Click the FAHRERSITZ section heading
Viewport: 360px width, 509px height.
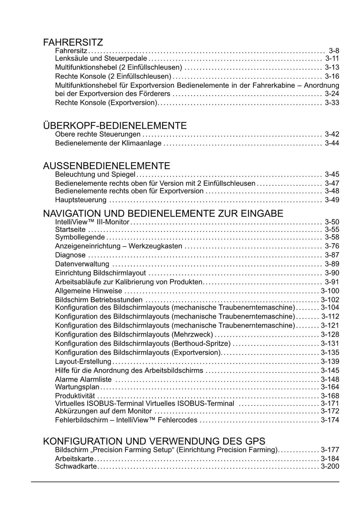73,43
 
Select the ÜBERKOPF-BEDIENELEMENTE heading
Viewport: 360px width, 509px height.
115,126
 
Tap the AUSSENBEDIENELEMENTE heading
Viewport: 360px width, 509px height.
106,166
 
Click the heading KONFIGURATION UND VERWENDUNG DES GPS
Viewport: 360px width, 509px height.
154,441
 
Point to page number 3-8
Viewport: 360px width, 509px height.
334,51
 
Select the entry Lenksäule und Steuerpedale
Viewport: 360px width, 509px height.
101,58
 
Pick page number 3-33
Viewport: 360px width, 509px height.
332,103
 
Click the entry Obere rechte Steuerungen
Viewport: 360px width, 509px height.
98,134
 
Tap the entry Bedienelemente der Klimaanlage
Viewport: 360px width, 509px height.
108,143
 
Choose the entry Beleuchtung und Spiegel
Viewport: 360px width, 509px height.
95,174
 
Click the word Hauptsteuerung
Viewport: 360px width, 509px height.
81,200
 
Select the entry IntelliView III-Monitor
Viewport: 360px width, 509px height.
92,222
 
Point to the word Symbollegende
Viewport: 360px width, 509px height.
80,237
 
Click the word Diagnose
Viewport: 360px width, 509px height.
70,255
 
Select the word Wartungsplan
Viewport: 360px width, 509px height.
77,387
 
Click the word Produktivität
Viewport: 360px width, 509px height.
75,396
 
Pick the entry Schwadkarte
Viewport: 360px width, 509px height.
76,466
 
